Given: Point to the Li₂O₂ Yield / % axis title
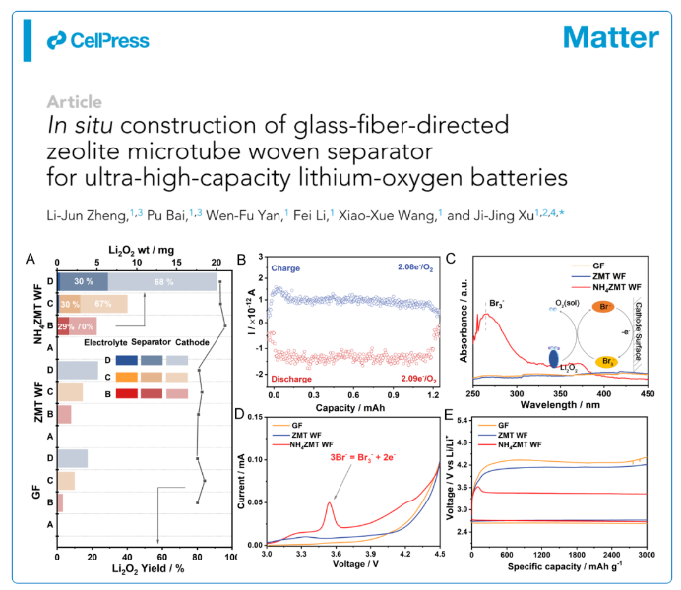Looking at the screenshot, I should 143,569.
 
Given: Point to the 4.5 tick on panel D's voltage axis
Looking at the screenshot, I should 436,556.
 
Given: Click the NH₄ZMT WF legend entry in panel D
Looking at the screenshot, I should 304,445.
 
